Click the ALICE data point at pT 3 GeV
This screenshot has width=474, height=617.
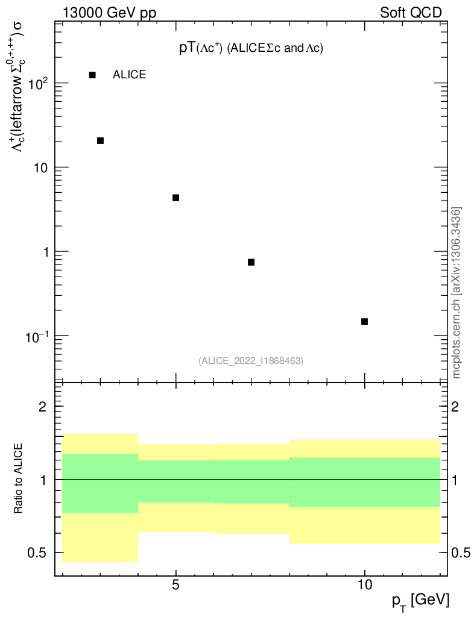click(101, 140)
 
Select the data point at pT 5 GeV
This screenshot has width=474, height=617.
click(176, 198)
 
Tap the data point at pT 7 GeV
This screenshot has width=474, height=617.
click(251, 262)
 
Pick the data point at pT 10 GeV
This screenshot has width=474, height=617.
click(364, 321)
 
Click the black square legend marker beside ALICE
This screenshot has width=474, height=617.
click(92, 75)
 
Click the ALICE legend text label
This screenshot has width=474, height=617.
click(129, 75)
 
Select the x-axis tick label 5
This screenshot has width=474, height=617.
click(176, 585)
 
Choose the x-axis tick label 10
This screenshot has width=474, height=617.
click(364, 585)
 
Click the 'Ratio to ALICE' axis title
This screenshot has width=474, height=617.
click(19, 480)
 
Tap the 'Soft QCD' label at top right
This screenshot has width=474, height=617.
click(411, 13)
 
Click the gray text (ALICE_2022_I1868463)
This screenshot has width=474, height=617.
click(251, 361)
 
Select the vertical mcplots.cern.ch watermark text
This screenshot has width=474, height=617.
click(457, 293)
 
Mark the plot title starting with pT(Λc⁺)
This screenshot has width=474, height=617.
click(251, 49)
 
